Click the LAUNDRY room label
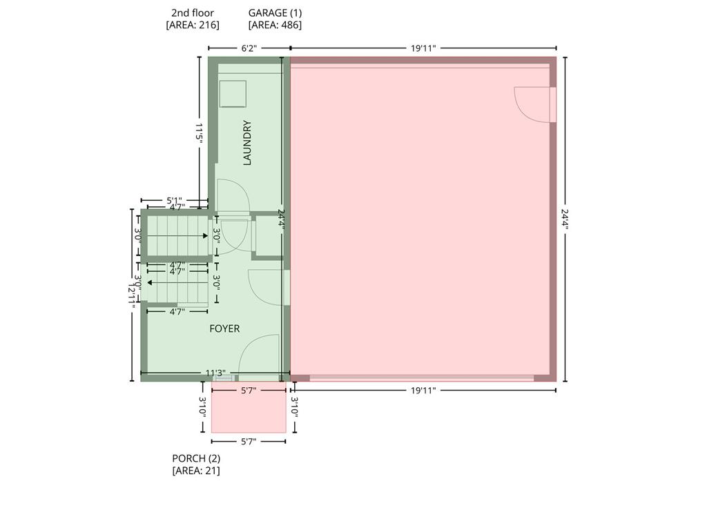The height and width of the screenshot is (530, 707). (247, 142)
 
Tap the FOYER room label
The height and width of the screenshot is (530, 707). (224, 329)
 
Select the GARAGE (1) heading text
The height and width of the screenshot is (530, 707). (275, 13)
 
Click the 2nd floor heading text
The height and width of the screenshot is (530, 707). (193, 13)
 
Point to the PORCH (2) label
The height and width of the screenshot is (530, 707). (196, 458)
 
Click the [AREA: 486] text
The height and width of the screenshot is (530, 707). (275, 26)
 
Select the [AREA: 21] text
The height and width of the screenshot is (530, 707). (196, 471)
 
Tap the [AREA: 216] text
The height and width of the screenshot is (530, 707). (193, 26)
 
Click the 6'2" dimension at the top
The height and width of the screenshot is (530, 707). (249, 48)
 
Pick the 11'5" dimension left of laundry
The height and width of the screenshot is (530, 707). (199, 132)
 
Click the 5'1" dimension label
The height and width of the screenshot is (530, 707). (175, 200)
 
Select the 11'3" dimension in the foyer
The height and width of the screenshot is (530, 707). (215, 373)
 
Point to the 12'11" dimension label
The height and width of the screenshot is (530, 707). (132, 295)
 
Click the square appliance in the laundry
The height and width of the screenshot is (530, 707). (233, 94)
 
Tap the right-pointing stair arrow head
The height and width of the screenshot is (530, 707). (206, 236)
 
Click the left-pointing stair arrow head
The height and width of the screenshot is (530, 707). (149, 283)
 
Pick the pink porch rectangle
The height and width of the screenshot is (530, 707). (249, 407)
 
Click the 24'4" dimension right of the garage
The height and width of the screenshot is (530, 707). (565, 219)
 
